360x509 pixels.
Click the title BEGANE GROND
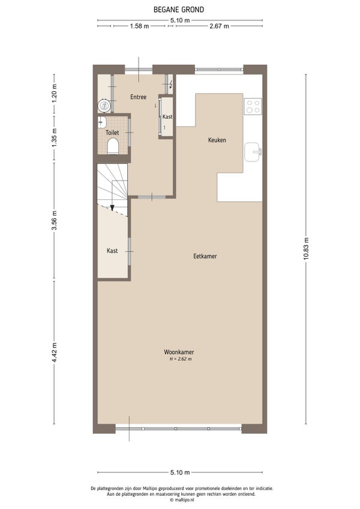[x=179, y=10]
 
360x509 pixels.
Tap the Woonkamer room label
[x=179, y=352]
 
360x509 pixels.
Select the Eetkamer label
[x=205, y=256]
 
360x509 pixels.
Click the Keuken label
[x=217, y=140]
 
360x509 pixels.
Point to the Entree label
[x=138, y=97]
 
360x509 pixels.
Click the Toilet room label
[x=112, y=133]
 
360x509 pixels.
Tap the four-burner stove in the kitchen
[x=253, y=106]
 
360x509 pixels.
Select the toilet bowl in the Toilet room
[x=113, y=146]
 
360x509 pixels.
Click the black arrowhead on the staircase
[x=112, y=208]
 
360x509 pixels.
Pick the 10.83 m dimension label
[x=306, y=249]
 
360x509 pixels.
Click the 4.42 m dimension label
[x=54, y=352]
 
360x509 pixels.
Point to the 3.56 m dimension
[x=54, y=220]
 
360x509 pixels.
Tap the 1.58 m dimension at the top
[x=140, y=26]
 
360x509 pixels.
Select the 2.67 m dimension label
[x=219, y=26]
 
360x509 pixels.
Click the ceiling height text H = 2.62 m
[x=181, y=359]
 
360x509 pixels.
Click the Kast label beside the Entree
[x=167, y=116]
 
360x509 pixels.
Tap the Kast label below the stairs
[x=112, y=251]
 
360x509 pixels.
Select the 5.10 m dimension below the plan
[x=180, y=472]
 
